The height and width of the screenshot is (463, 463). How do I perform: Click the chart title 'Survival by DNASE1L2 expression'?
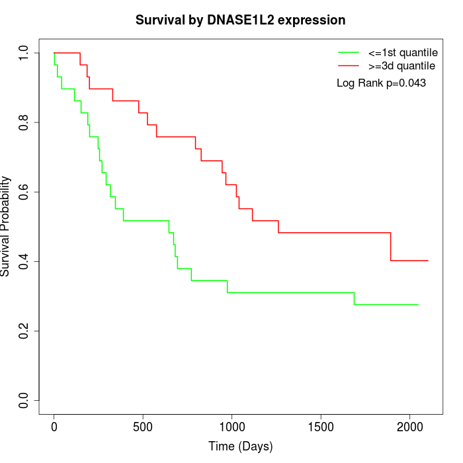pyautogui.click(x=240, y=21)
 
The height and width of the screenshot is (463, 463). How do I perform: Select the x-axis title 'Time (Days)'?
pyautogui.click(x=240, y=446)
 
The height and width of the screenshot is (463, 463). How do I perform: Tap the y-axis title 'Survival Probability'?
pyautogui.click(x=6, y=226)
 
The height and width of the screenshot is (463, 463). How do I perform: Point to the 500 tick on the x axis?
pyautogui.click(x=143, y=425)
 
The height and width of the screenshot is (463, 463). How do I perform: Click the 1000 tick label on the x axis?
pyautogui.click(x=232, y=425)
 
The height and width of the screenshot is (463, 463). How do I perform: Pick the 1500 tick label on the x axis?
pyautogui.click(x=321, y=425)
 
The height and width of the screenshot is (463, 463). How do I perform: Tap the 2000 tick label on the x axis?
pyautogui.click(x=410, y=425)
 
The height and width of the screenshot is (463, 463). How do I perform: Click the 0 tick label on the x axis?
pyautogui.click(x=54, y=425)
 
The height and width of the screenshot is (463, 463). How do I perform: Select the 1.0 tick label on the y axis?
pyautogui.click(x=24, y=53)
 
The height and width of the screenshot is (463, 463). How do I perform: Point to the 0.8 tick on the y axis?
pyautogui.click(x=24, y=122)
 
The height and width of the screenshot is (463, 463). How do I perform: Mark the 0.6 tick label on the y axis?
pyautogui.click(x=24, y=192)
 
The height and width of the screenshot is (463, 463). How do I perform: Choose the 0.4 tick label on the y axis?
pyautogui.click(x=24, y=261)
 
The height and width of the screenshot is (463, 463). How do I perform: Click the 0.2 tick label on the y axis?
pyautogui.click(x=24, y=331)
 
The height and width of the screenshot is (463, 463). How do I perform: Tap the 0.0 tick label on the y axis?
pyautogui.click(x=24, y=400)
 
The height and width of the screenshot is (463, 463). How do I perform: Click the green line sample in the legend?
pyautogui.click(x=348, y=52)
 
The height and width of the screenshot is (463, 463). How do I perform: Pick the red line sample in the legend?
pyautogui.click(x=348, y=65)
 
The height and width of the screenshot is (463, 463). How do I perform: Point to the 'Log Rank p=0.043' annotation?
pyautogui.click(x=381, y=83)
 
